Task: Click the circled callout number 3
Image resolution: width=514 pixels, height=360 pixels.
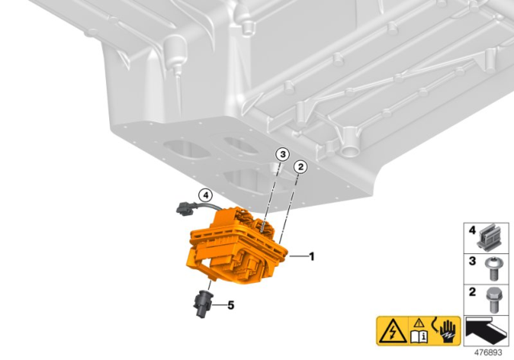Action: pos(281,154)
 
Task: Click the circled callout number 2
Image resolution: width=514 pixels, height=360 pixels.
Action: pos(300,166)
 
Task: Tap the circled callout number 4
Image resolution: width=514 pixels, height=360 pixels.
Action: pos(206,194)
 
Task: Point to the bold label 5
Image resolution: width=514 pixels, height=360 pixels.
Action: pos(230,305)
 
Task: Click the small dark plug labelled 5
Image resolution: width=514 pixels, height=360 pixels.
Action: pos(202,302)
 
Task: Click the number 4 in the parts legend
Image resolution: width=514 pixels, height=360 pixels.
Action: pos(473,231)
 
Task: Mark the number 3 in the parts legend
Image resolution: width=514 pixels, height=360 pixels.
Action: pos(473,261)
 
